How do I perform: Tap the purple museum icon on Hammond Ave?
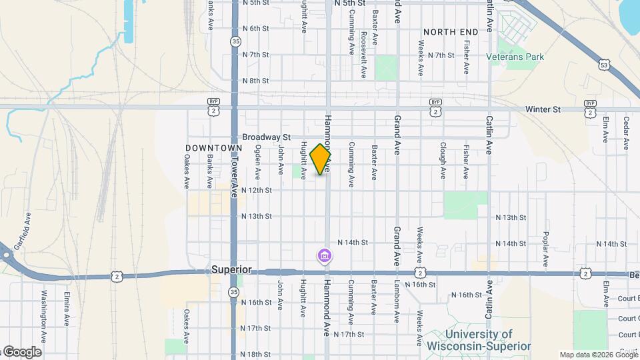(x=325, y=255)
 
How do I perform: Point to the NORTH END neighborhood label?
(x=451, y=31)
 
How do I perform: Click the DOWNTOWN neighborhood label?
(x=213, y=147)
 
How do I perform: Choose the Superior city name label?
(x=231, y=269)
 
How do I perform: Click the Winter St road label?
(x=543, y=109)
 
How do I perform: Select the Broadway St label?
(x=263, y=137)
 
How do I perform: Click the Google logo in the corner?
(x=21, y=351)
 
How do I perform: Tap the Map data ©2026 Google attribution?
(x=598, y=355)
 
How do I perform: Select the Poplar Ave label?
(x=545, y=247)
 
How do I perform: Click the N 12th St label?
(x=257, y=190)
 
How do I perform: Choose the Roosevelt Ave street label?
(x=364, y=53)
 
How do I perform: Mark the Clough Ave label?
(x=443, y=160)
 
